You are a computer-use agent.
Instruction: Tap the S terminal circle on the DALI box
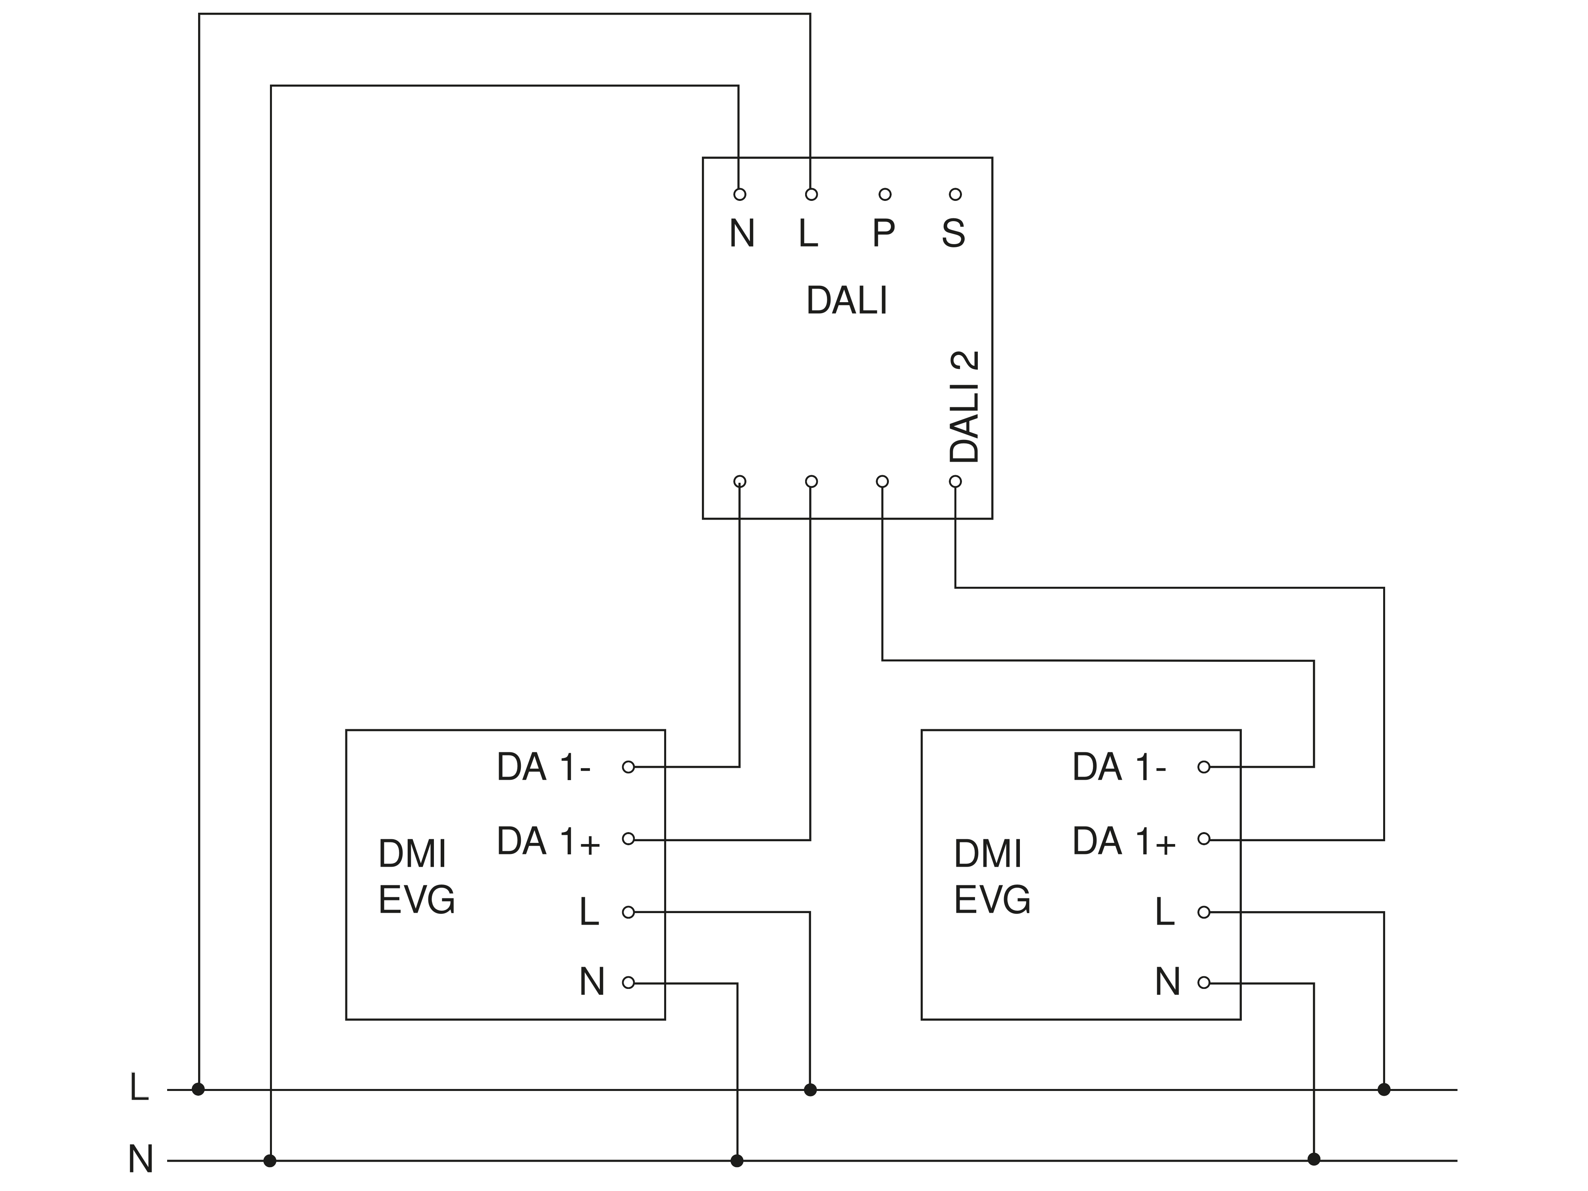coord(955,195)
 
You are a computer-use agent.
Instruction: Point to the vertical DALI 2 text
coord(964,407)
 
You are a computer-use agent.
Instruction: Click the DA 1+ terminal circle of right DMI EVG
coord(1204,838)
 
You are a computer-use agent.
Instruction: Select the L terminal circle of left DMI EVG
coord(628,912)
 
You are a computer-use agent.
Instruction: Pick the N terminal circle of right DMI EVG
coord(1204,983)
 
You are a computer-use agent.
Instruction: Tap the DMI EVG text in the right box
coord(991,877)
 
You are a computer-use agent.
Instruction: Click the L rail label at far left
coord(139,1088)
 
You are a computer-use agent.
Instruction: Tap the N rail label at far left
coord(141,1159)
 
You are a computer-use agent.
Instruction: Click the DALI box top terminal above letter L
coord(811,195)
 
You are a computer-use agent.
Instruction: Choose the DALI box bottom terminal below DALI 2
coord(955,481)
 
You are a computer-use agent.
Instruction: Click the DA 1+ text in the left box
coord(548,841)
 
